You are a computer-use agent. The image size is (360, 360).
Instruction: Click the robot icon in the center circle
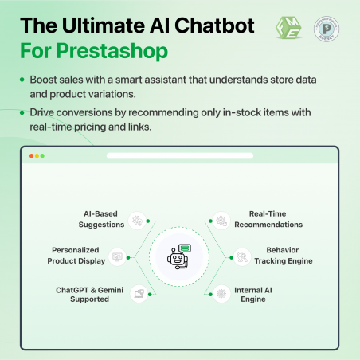pos(181,256)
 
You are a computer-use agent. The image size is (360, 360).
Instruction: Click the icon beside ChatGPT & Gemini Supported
pos(139,293)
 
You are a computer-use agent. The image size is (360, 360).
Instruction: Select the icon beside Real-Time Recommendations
pos(221,219)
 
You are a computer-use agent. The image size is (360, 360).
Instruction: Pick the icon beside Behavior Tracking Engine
pos(242,256)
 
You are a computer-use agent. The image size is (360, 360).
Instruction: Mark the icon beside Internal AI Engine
pos(221,293)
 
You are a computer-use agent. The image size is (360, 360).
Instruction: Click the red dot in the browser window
pos(31,155)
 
